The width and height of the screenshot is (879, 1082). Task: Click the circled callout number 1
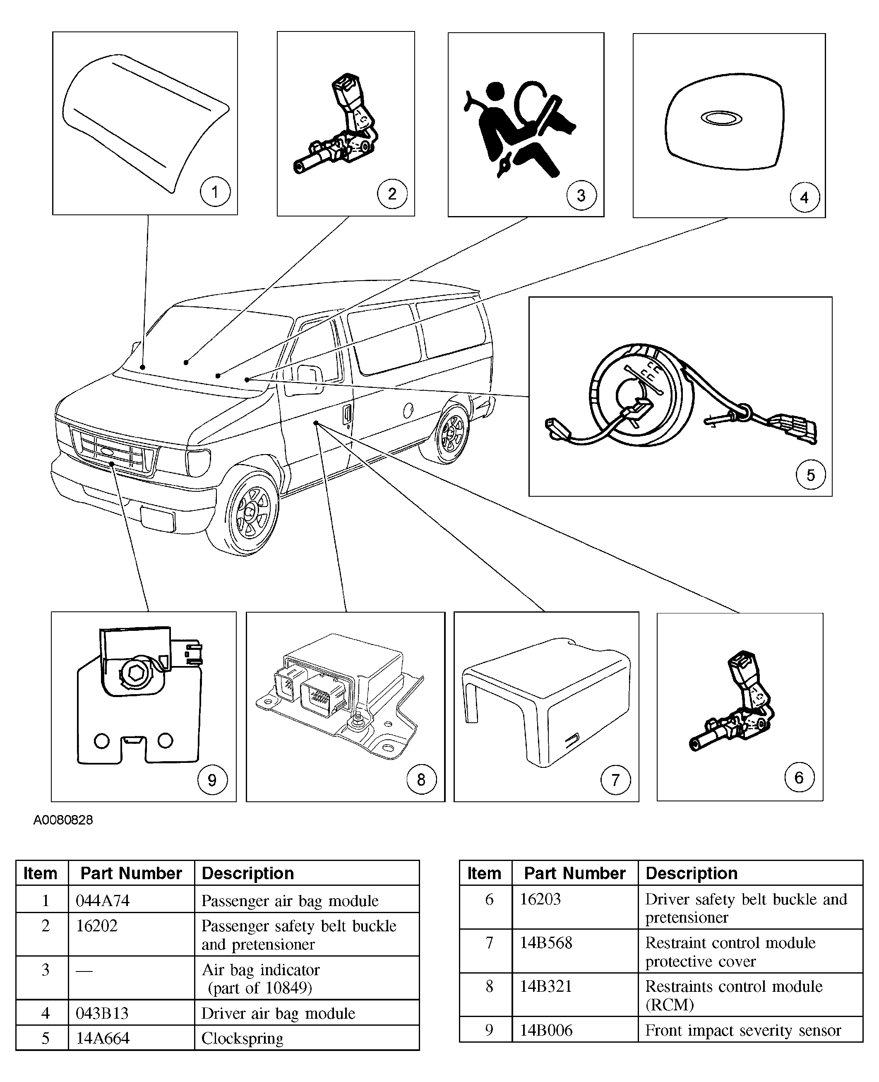(x=215, y=192)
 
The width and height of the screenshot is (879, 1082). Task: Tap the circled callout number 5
(x=811, y=474)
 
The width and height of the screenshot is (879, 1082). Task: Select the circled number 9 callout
(x=212, y=780)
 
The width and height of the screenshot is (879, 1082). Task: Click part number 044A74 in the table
(x=103, y=901)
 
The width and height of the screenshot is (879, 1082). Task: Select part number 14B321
(x=546, y=986)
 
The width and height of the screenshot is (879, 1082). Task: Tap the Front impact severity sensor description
(x=743, y=1030)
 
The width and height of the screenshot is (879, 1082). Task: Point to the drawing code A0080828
(x=63, y=820)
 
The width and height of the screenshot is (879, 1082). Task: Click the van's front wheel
(x=252, y=512)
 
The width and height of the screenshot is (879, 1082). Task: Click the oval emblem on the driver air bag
(x=721, y=118)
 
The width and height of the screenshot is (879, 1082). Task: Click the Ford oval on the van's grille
(x=107, y=450)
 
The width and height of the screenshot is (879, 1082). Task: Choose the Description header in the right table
(x=692, y=873)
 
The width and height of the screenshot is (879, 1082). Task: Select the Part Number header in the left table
(x=131, y=873)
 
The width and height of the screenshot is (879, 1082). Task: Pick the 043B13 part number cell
(x=102, y=1013)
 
